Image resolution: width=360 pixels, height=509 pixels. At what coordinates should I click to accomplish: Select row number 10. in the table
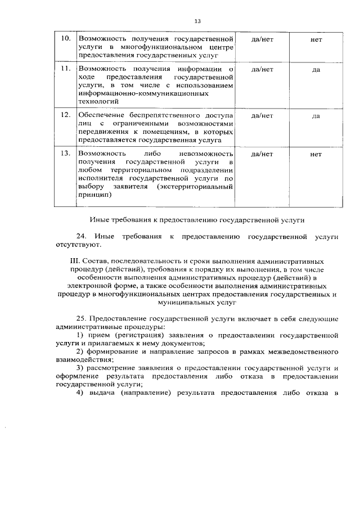point(65,39)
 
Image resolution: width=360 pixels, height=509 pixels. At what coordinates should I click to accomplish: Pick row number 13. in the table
point(65,153)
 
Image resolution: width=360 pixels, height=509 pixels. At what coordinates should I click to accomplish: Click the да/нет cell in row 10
point(262,39)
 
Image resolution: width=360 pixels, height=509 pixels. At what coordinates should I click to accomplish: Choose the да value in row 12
point(316,116)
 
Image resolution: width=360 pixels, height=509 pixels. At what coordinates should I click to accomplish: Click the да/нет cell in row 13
point(262,153)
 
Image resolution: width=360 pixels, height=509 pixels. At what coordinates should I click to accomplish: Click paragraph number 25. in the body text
point(82,318)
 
